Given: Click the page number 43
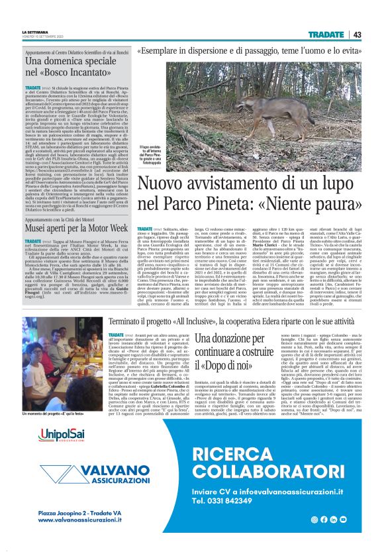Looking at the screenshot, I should point(357,34).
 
